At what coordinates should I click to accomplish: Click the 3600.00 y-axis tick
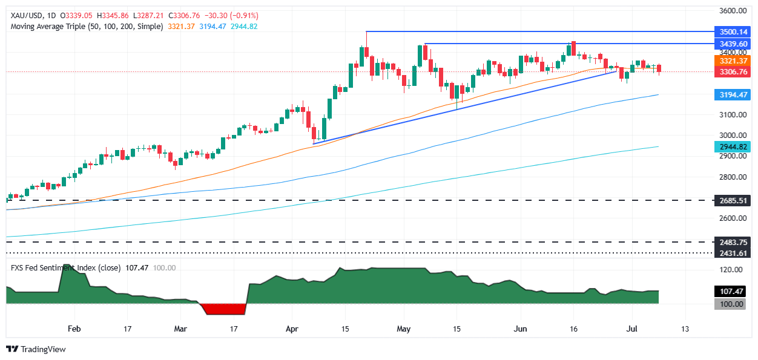click(x=731, y=11)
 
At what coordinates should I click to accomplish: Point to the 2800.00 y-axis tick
click(x=731, y=177)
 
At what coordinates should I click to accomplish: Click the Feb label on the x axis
click(x=74, y=329)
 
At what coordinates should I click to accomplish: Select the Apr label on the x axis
click(x=292, y=329)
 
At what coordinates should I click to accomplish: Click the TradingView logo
click(x=36, y=349)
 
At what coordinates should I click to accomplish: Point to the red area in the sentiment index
click(x=225, y=309)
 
